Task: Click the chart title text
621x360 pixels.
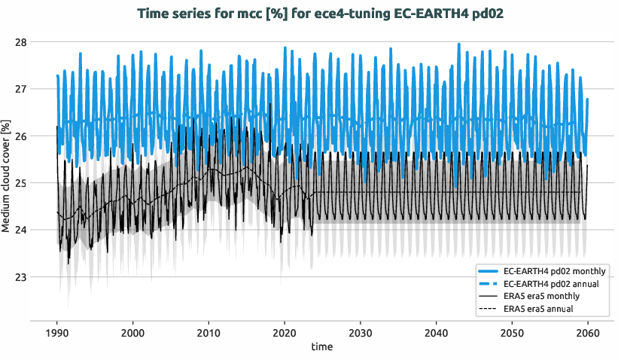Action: [310, 13]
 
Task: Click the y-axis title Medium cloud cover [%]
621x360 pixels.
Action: [7, 176]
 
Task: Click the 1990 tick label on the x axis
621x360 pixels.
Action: [57, 333]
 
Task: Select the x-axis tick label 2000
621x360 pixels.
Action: [132, 333]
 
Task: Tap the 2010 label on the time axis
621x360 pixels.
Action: [209, 333]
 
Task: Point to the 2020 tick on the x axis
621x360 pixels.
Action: [285, 333]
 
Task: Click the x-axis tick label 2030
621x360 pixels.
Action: [360, 333]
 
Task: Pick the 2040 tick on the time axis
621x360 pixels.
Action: [436, 333]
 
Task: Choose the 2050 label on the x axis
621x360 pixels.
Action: [511, 333]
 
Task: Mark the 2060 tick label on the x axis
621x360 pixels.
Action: [587, 333]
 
